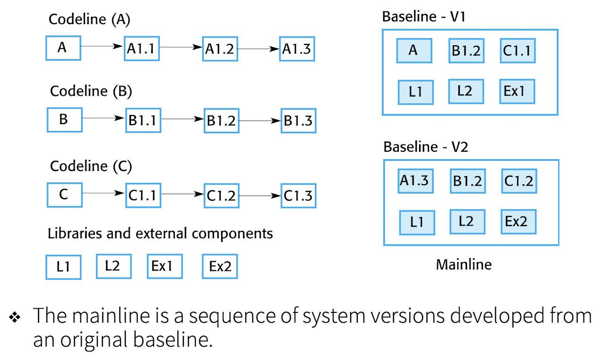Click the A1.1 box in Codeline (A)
point(142,48)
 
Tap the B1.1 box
point(143,121)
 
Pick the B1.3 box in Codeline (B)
point(298,121)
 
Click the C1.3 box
point(298,196)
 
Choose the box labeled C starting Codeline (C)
point(65,195)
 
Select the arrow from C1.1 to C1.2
point(181,194)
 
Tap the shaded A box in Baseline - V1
point(413,50)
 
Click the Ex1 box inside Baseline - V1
point(517,91)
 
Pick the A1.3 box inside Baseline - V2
point(415,181)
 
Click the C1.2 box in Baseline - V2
point(519,181)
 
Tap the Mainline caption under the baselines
point(463,264)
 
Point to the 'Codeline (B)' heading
point(91,90)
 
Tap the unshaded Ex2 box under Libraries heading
point(220,267)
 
